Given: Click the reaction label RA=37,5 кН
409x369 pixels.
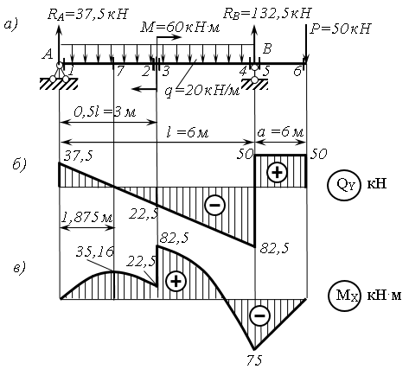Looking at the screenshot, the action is [87, 15].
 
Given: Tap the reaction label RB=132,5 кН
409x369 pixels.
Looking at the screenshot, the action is [267, 14].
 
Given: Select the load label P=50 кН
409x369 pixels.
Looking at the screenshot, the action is [340, 29].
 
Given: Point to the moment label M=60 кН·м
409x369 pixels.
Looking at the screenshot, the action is [180, 28].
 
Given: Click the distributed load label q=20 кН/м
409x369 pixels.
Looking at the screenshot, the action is [202, 91].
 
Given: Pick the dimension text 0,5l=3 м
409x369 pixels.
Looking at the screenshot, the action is [105, 112].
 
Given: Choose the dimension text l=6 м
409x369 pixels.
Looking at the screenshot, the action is [188, 132].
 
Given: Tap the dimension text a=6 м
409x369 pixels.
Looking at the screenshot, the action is [280, 132].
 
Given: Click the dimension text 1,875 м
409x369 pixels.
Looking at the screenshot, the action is [86, 218].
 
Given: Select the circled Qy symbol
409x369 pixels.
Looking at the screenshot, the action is [344, 185].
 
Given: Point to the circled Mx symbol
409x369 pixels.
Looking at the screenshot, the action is [345, 296].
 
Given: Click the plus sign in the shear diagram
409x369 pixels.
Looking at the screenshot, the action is [277, 173].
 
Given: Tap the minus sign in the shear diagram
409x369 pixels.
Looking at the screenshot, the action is [214, 205].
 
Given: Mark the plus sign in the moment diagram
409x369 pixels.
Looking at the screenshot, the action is [176, 281].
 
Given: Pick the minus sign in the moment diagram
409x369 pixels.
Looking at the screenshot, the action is [259, 315].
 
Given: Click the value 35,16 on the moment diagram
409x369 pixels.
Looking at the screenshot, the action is [95, 251].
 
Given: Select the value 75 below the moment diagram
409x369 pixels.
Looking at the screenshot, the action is [254, 360].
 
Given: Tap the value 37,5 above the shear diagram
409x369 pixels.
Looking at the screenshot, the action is [79, 156].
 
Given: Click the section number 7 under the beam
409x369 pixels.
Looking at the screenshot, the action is [119, 71].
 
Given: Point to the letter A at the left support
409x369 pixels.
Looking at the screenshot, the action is [47, 54].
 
